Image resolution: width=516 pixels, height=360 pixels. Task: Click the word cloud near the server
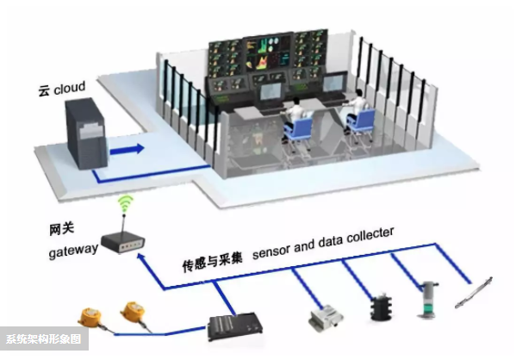pyautogui.click(x=70, y=88)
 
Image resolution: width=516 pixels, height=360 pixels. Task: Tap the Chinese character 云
pyautogui.click(x=44, y=90)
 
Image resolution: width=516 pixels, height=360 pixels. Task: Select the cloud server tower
pyautogui.click(x=86, y=133)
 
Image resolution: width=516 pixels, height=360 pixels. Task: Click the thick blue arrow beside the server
pyautogui.click(x=127, y=149)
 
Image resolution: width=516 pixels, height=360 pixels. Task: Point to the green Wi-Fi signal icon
pyautogui.click(x=126, y=203)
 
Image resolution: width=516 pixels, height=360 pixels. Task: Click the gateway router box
pyautogui.click(x=122, y=243)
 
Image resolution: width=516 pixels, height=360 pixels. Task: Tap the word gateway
pyautogui.click(x=73, y=251)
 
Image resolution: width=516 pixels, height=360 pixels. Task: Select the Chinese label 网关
pyautogui.click(x=61, y=229)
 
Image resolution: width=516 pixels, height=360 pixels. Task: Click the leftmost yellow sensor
pyautogui.click(x=90, y=317)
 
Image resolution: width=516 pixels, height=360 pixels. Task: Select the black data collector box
pyautogui.click(x=235, y=326)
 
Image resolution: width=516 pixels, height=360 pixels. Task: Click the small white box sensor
pyautogui.click(x=326, y=318)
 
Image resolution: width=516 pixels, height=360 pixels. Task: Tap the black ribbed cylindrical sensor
pyautogui.click(x=382, y=307)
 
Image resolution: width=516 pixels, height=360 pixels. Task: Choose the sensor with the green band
pyautogui.click(x=428, y=300)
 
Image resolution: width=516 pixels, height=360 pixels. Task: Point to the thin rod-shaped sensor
pyautogui.click(x=474, y=293)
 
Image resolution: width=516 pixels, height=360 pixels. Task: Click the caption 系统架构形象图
pyautogui.click(x=44, y=339)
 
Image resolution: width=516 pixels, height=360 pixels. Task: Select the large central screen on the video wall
pyautogui.click(x=269, y=53)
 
